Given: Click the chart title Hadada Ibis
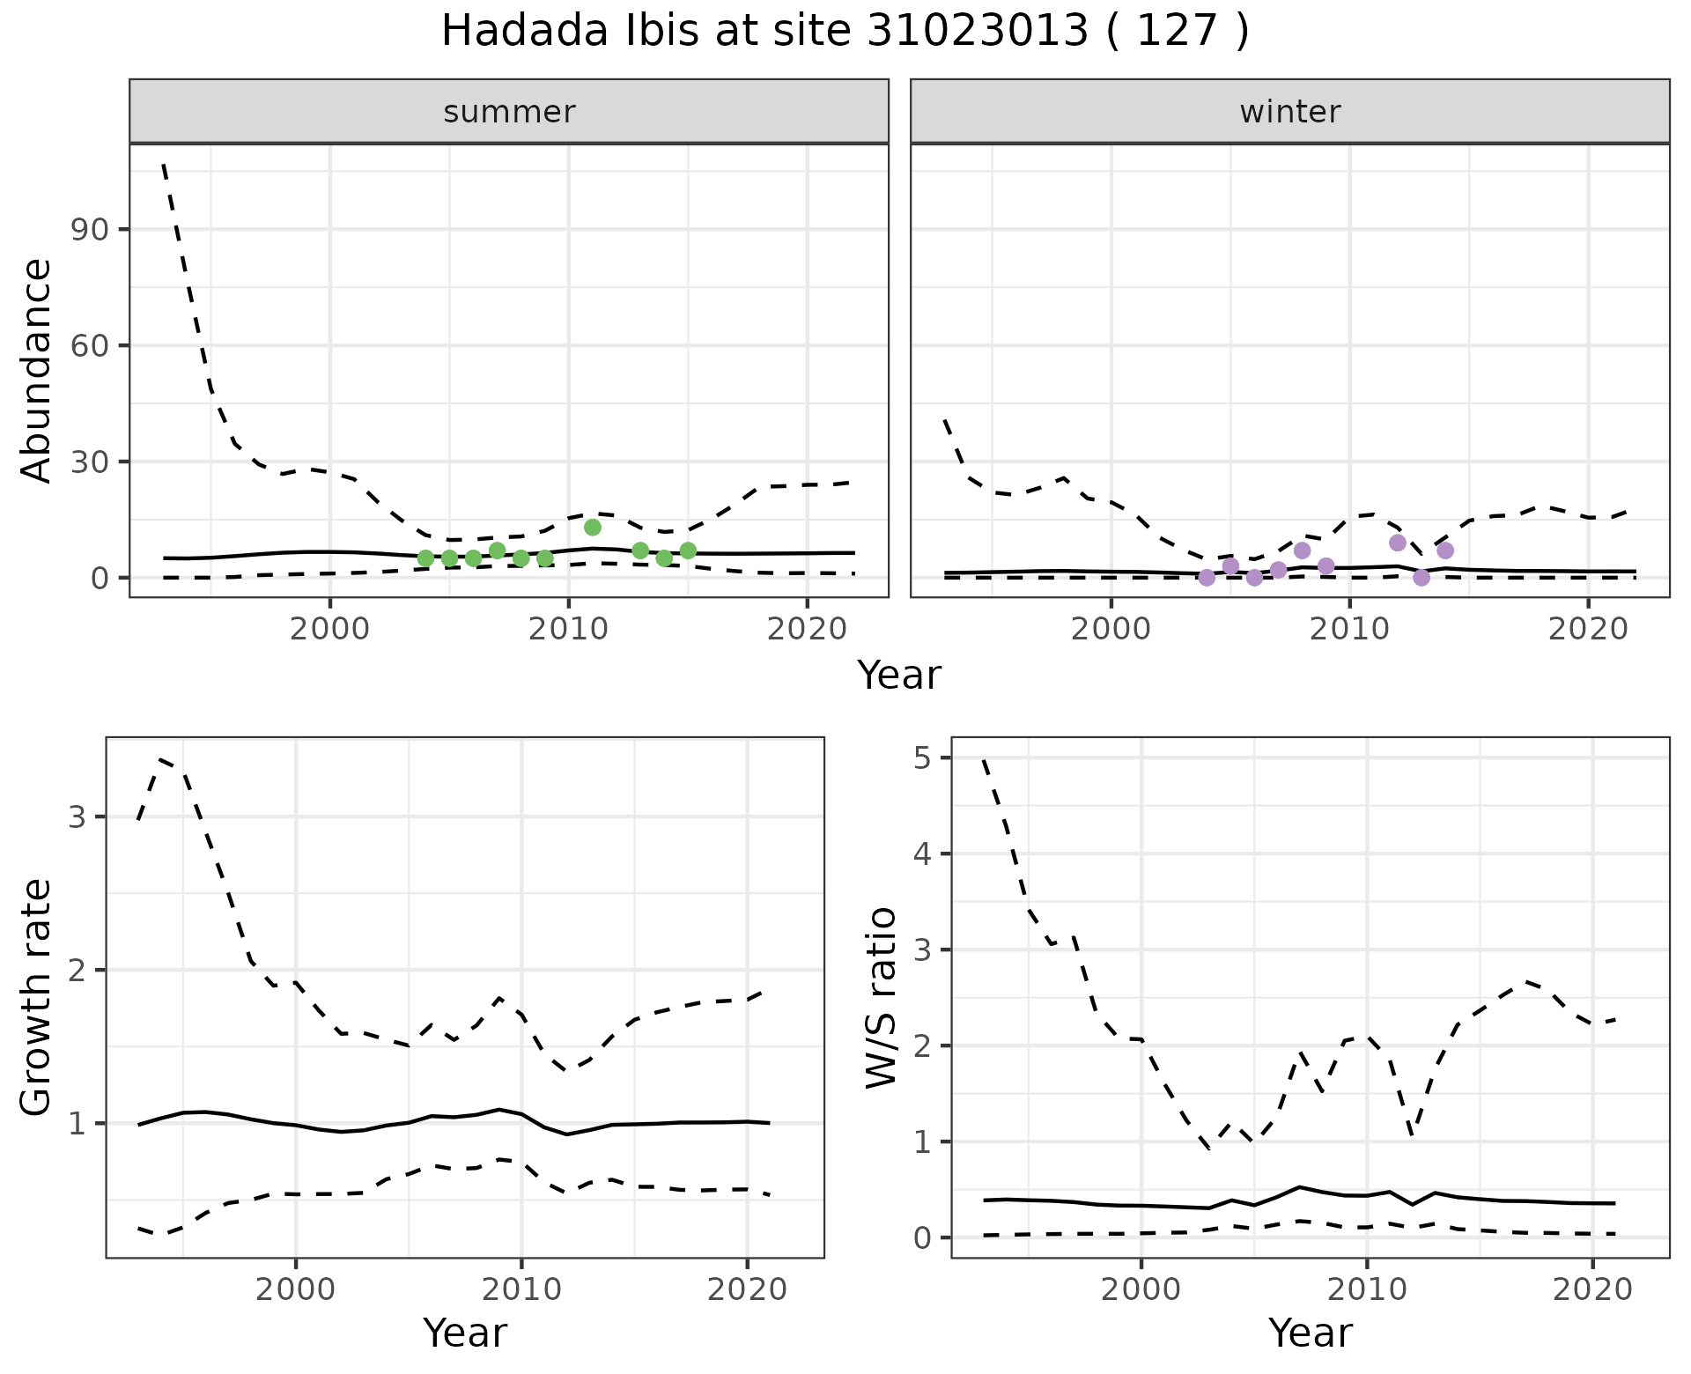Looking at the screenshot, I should [x=844, y=32].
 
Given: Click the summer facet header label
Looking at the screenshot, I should [x=509, y=112].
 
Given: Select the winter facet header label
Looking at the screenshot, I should [x=1289, y=112].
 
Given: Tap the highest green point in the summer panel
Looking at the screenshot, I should [x=593, y=528].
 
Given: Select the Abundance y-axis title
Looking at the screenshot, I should [x=37, y=370].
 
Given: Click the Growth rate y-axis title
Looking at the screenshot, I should [x=37, y=997].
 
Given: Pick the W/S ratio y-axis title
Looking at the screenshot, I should [x=882, y=997].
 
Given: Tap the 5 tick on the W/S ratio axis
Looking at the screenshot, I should [x=922, y=758].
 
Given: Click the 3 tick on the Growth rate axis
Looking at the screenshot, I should [x=77, y=817].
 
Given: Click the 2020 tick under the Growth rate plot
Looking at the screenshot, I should [x=747, y=1289].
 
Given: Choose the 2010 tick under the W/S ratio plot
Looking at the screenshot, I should [x=1366, y=1289].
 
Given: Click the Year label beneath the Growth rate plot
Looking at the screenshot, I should [x=465, y=1333].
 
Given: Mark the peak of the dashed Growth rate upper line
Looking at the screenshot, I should [x=161, y=758].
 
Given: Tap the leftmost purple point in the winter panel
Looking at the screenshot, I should [x=1207, y=578].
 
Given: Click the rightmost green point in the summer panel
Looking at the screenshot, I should [x=688, y=550].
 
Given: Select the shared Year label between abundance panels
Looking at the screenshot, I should [x=899, y=676].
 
